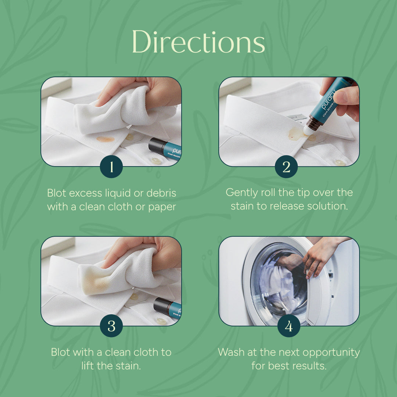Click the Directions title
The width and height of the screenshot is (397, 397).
(198, 42)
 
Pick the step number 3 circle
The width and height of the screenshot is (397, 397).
(111, 326)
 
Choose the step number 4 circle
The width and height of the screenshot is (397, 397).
(289, 326)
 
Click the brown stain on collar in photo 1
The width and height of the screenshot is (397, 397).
(105, 139)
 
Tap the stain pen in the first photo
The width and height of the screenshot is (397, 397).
(165, 148)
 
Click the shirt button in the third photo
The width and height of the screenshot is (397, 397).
(161, 321)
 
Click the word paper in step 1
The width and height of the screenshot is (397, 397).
(162, 207)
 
